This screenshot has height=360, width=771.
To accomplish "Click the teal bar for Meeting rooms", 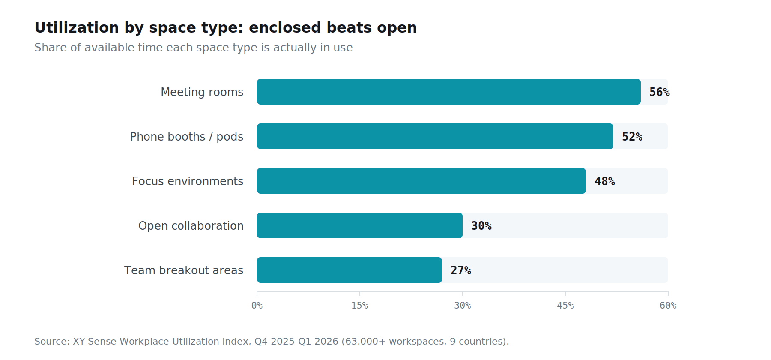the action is point(449,92).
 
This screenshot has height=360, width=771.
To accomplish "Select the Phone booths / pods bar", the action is point(435,136).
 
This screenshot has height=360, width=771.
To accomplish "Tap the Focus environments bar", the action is point(421,181).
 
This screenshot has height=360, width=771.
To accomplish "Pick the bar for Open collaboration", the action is point(360,225).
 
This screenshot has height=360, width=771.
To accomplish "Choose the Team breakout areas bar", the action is point(350,270).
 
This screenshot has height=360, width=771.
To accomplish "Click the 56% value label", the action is point(660,92).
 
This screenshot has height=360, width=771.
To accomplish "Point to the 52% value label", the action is point(632,137).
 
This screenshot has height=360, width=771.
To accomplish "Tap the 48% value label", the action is point(605,181).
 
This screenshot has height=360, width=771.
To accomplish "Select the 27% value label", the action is point(461,270).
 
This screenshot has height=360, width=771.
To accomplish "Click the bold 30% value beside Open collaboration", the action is point(481,226).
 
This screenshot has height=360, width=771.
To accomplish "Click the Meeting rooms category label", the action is point(202,92).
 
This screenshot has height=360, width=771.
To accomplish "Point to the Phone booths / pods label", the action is point(187,137).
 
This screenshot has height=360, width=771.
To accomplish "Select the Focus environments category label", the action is point(188,181).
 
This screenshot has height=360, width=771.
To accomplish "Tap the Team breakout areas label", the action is point(184,270).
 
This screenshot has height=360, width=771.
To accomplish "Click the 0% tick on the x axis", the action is point(257,306).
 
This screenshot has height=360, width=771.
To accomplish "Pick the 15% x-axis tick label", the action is point(360,306).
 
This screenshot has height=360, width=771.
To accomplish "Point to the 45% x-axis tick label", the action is point(565,306).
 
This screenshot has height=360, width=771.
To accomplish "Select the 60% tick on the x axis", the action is point(668,306).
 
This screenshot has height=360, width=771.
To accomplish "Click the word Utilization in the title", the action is point(77,27).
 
